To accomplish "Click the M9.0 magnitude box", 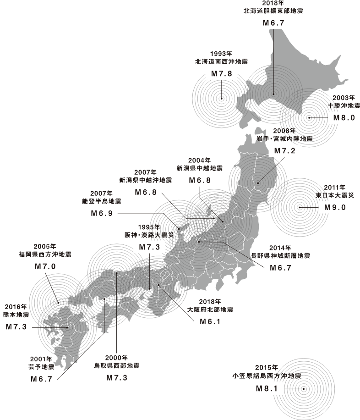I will (x=335, y=207).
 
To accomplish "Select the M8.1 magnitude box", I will (x=267, y=389).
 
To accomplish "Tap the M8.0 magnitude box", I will (x=344, y=117).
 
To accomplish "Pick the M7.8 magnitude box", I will (x=222, y=73).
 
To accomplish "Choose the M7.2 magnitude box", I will (x=284, y=151).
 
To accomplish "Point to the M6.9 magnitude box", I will (x=102, y=213).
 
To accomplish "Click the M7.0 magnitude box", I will (x=45, y=266).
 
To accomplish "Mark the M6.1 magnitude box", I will (x=210, y=322).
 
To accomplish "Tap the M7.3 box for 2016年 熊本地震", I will (x=16, y=326).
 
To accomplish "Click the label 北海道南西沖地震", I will (x=221, y=61).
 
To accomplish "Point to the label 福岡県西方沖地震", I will (x=45, y=254).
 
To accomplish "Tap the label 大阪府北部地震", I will (x=210, y=309).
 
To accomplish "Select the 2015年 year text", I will (x=266, y=368).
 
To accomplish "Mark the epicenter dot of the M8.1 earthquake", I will (x=304, y=389).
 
